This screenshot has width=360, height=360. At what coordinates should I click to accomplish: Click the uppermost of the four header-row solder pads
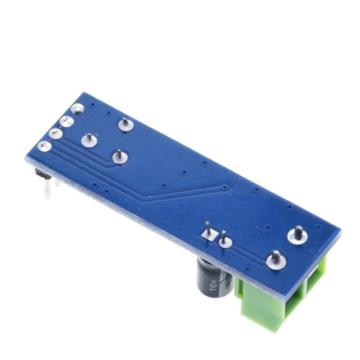tap(78, 108)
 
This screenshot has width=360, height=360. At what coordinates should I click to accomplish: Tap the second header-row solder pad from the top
tap(67, 121)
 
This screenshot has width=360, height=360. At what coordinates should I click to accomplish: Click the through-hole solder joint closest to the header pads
tap(89, 140)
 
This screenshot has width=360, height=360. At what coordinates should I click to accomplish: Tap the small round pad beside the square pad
tap(224, 241)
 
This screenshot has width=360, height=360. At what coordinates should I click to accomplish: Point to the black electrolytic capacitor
tap(211, 281)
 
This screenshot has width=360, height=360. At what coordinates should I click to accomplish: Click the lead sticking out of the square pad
tap(207, 227)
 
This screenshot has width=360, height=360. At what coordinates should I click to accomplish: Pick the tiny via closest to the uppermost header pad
tap(92, 106)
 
